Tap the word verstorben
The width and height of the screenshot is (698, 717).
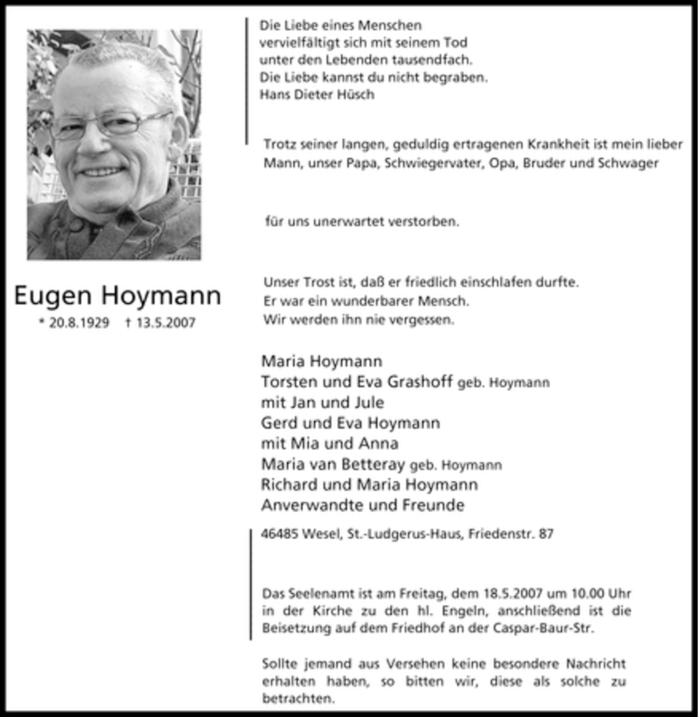pyautogui.click(x=422, y=222)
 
